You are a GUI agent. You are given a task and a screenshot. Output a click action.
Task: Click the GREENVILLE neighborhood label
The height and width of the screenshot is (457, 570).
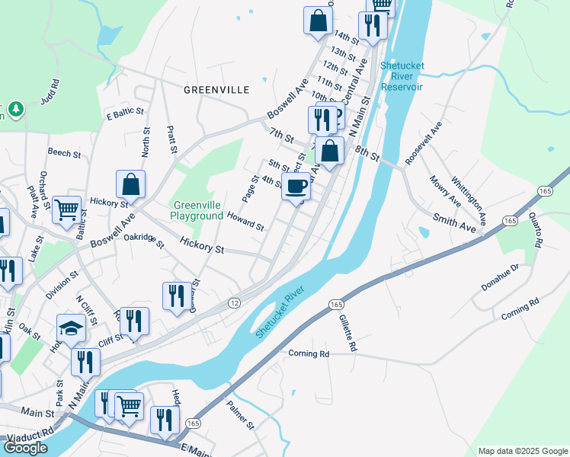pos(216,90)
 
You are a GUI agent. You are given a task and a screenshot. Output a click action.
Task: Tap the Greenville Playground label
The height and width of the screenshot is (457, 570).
pos(197,210)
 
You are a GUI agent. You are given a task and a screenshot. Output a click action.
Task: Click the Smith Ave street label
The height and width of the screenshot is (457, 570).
pos(455,222)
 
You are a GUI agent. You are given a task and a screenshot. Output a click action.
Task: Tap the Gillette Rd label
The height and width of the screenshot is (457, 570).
pos(347,334)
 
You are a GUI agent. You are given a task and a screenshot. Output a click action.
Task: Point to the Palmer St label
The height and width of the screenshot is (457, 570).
pos(239,417)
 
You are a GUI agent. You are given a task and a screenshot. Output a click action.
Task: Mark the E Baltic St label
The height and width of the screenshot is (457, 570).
pos(125,113)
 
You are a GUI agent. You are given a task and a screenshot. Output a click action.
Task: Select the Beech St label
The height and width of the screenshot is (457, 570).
pos(64,153)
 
